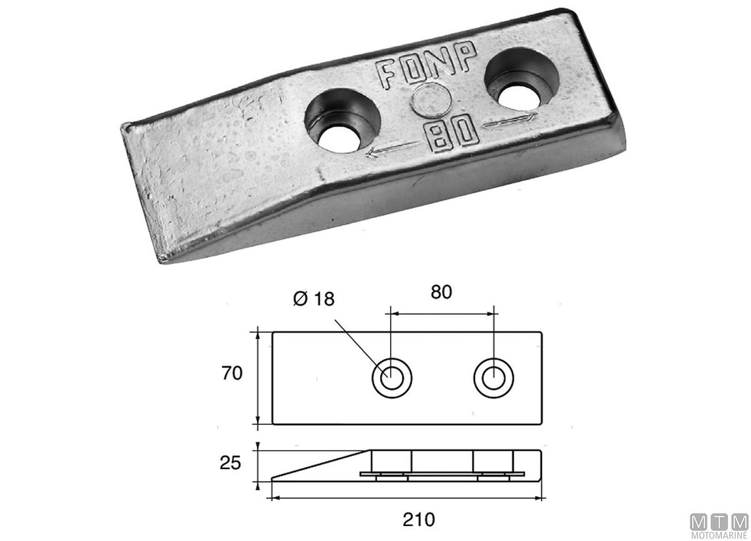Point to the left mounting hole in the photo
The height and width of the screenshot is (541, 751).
point(342,121)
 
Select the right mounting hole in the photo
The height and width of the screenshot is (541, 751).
point(522,80)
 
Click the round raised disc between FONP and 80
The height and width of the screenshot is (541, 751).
point(431,101)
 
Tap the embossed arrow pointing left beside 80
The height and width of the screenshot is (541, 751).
point(392,150)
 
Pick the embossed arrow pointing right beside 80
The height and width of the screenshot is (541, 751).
point(509,121)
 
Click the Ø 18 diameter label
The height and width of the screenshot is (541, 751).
point(314,299)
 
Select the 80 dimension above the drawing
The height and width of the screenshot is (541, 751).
point(441,292)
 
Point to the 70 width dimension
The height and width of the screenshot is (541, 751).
point(232,373)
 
